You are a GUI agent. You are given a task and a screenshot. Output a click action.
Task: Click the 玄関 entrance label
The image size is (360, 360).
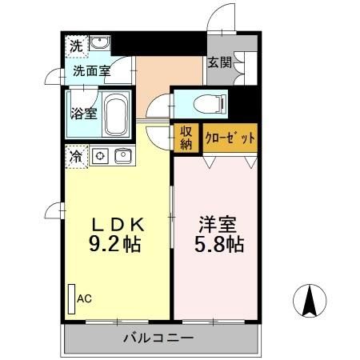tap(219, 62)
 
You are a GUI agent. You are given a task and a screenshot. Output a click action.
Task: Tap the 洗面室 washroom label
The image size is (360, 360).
tap(91, 70)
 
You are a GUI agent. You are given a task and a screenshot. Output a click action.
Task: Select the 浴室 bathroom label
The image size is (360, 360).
tap(85, 113)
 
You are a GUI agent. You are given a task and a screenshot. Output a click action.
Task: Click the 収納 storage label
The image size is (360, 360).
tap(186, 137)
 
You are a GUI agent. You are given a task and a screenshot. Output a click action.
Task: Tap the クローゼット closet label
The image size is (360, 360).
tap(230, 138)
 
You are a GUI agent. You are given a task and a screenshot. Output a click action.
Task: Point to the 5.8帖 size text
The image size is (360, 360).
tap(217, 245)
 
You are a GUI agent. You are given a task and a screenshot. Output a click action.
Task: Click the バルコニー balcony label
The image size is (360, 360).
tap(158, 338)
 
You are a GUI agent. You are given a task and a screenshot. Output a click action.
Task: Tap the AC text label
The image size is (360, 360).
tap(85, 298)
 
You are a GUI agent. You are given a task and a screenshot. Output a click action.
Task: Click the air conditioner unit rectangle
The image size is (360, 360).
tap(71, 299)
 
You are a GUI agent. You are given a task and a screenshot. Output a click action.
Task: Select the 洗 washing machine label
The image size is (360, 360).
tap(74, 45)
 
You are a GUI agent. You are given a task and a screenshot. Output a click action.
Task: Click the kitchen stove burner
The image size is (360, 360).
tap(100, 155)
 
